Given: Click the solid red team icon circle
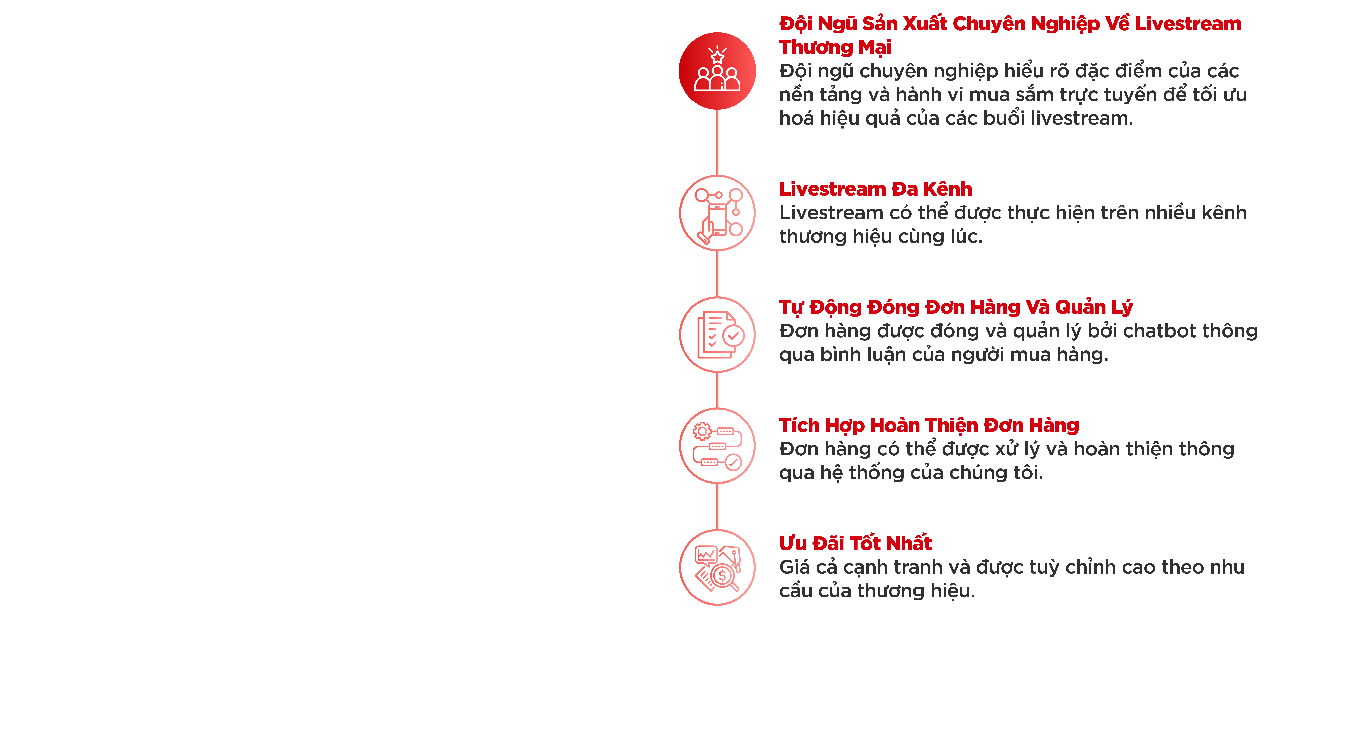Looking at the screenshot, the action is (717, 71).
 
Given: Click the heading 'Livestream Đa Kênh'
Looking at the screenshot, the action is (875, 189).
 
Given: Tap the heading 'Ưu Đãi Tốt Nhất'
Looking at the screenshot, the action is (855, 543).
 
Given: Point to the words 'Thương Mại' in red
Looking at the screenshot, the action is (835, 47).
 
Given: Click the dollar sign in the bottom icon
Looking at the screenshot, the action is (722, 575).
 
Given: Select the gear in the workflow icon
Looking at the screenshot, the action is (702, 431).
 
